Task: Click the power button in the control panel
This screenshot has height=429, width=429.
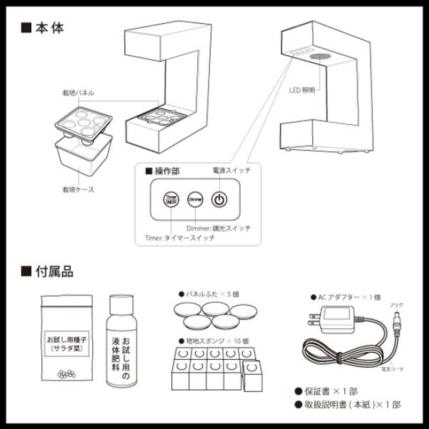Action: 219,200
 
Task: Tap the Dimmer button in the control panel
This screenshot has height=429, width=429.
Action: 194,200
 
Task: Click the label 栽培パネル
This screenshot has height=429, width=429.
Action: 78,93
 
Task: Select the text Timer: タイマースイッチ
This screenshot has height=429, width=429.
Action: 180,238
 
